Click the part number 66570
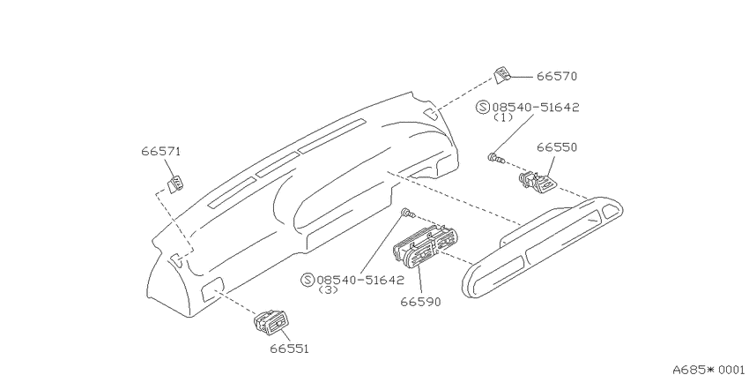[557, 77]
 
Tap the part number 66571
[161, 152]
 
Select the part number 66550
[557, 147]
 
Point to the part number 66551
[290, 349]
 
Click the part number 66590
[420, 302]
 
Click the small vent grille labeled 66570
[502, 76]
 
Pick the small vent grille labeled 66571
[175, 184]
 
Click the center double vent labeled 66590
[423, 246]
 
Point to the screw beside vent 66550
[496, 158]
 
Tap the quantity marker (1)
[503, 117]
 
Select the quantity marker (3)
[328, 290]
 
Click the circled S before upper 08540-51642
[483, 107]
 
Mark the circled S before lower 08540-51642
[308, 280]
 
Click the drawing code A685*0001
[711, 369]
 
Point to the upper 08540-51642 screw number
[536, 107]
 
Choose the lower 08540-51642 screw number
[360, 280]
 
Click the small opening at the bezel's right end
[609, 211]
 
